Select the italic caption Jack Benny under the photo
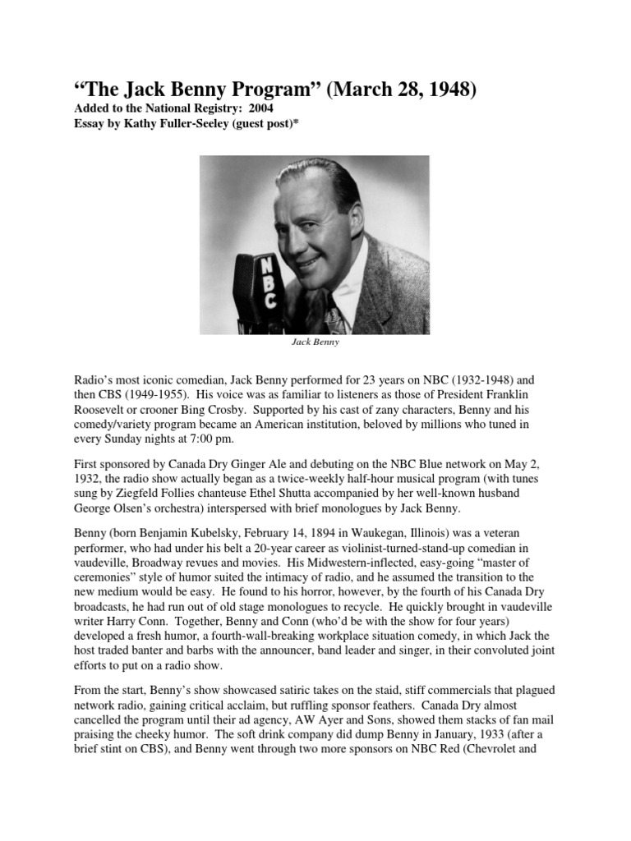click(x=315, y=342)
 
